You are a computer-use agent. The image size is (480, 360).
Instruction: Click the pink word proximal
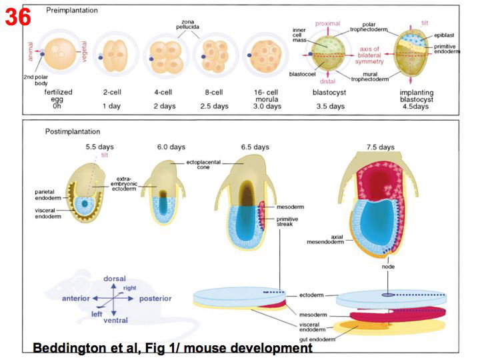point(328,23)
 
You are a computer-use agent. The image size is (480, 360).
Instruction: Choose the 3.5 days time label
point(328,105)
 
